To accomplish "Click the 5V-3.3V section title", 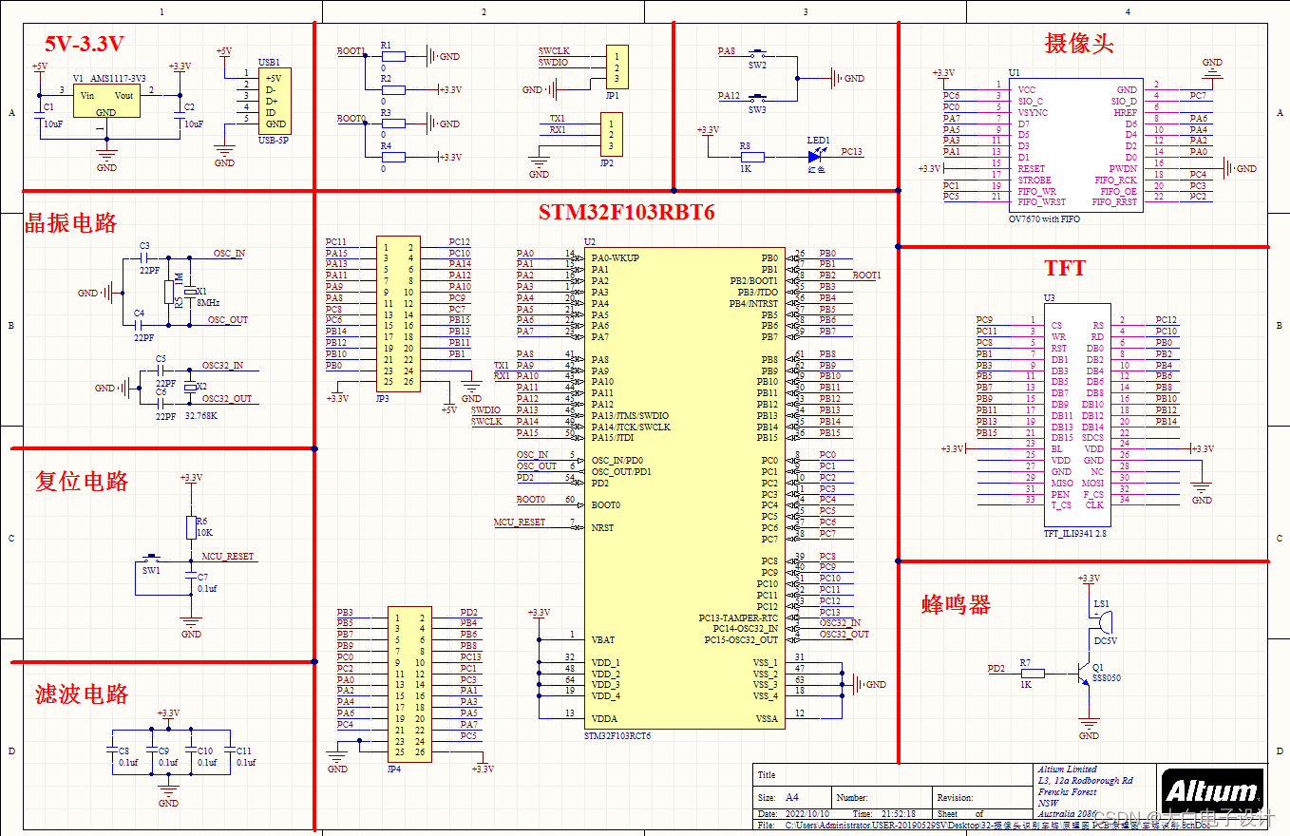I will click(x=85, y=43).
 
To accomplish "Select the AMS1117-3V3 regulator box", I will click(x=105, y=102).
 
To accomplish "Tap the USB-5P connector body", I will click(x=275, y=100).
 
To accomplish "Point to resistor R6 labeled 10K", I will click(x=190, y=527).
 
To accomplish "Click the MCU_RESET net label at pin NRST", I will click(x=519, y=522).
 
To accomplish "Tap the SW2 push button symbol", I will click(x=758, y=53).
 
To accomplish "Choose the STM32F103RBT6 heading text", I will click(x=626, y=212).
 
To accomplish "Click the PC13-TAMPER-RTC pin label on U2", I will click(x=738, y=618).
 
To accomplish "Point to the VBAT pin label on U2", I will click(x=603, y=639).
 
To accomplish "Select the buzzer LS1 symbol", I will click(x=1101, y=617).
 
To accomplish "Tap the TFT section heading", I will click(x=1065, y=268).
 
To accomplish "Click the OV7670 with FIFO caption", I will click(x=1043, y=219).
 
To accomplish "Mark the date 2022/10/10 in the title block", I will click(x=807, y=814).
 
